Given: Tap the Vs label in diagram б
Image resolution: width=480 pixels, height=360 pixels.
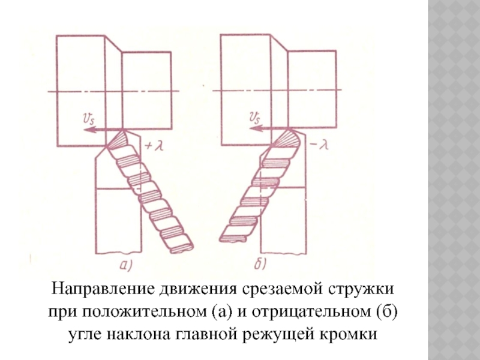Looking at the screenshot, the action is [254, 119].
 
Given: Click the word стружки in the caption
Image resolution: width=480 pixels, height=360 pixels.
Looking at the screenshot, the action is [365, 289].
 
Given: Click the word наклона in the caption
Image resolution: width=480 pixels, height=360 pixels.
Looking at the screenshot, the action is [134, 334].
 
